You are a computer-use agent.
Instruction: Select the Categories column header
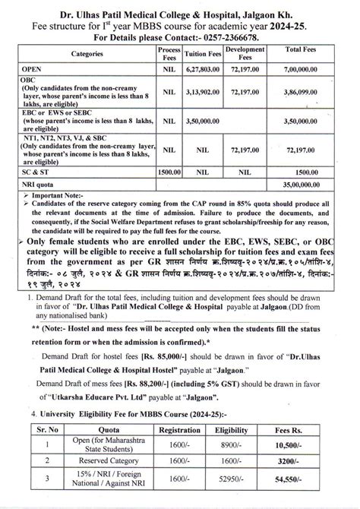(94, 55)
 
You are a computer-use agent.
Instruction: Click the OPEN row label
(33, 68)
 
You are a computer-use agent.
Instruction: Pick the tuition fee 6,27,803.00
(201, 68)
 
